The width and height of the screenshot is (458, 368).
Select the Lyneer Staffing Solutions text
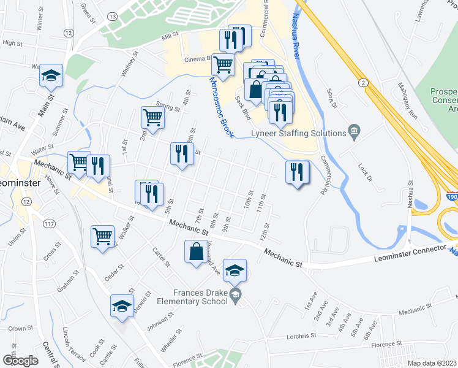coord(298,133)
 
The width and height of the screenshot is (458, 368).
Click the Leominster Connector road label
coord(411,250)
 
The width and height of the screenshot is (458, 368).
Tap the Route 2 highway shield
coord(364,82)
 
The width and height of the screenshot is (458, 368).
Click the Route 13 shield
coord(113,15)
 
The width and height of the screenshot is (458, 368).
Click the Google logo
coord(20,360)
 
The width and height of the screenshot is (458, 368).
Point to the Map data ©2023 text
coord(431,363)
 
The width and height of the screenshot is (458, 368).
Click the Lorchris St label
coord(301,335)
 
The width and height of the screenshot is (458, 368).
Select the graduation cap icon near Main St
coord(51,75)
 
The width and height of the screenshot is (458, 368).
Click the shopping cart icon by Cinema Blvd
coord(223,64)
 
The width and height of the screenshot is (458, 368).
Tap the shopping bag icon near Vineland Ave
coord(195,251)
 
